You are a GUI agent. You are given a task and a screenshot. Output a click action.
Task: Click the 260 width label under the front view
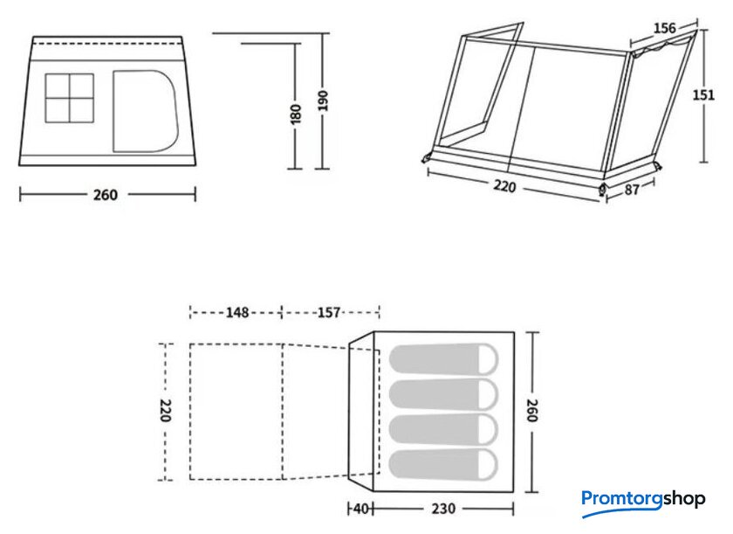(106, 195)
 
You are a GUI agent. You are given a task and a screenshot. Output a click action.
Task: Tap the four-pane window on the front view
(70, 98)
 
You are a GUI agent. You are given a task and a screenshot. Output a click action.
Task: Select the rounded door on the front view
(146, 111)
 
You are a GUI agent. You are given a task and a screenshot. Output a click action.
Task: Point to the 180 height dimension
(296, 114)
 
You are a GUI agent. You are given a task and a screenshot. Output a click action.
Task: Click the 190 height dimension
(323, 101)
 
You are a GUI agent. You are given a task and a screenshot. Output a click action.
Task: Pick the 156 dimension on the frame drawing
(664, 29)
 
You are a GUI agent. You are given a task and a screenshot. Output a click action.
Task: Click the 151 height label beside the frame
(703, 95)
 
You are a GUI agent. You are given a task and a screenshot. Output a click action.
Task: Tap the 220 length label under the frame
(504, 186)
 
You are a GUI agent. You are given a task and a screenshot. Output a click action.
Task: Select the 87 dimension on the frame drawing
(632, 190)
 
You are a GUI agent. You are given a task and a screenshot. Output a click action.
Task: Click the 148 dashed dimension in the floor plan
(237, 312)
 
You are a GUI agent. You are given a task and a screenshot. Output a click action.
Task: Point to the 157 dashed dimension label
(329, 312)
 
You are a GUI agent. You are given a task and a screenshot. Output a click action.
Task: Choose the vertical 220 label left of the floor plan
(165, 411)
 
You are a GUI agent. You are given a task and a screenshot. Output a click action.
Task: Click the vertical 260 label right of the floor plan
(532, 411)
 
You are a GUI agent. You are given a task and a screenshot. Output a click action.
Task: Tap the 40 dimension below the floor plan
(361, 509)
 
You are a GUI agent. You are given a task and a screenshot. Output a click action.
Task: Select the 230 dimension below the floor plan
(442, 509)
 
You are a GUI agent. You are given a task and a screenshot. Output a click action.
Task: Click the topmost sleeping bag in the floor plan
(443, 359)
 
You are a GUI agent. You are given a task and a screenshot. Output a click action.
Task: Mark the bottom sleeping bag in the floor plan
(443, 465)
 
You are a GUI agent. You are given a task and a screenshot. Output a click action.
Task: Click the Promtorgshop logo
(643, 502)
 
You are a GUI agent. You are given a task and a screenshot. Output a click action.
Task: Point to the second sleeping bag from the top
(443, 394)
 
